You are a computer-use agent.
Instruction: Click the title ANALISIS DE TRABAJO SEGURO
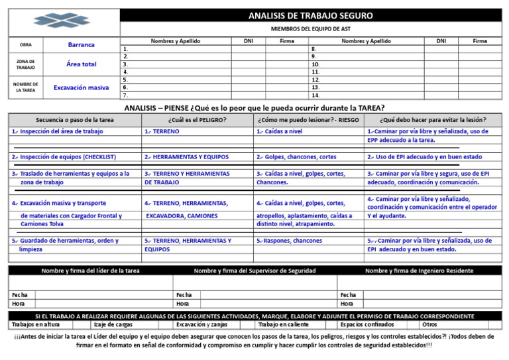pyautogui.click(x=310, y=16)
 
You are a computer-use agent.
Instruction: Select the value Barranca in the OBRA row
pyautogui.click(x=81, y=45)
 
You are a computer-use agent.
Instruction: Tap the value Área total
pyautogui.click(x=81, y=64)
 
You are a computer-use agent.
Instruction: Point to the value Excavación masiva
pyautogui.click(x=81, y=88)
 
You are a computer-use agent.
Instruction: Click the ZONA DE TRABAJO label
pyautogui.click(x=25, y=64)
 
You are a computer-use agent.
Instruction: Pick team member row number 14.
pyautogui.click(x=315, y=95)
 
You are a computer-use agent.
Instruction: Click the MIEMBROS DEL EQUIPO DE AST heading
pyautogui.click(x=310, y=30)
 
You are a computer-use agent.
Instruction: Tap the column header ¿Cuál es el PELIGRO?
pyautogui.click(x=197, y=120)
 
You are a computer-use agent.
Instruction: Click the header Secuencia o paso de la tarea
pyautogui.click(x=75, y=120)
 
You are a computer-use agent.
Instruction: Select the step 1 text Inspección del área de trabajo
pyautogui.click(x=58, y=132)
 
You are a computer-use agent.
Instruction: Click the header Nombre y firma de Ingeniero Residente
pyautogui.click(x=419, y=270)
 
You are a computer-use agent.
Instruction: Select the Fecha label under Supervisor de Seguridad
pyautogui.click(x=184, y=294)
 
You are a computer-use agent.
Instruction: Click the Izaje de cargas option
pyautogui.click(x=113, y=325)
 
